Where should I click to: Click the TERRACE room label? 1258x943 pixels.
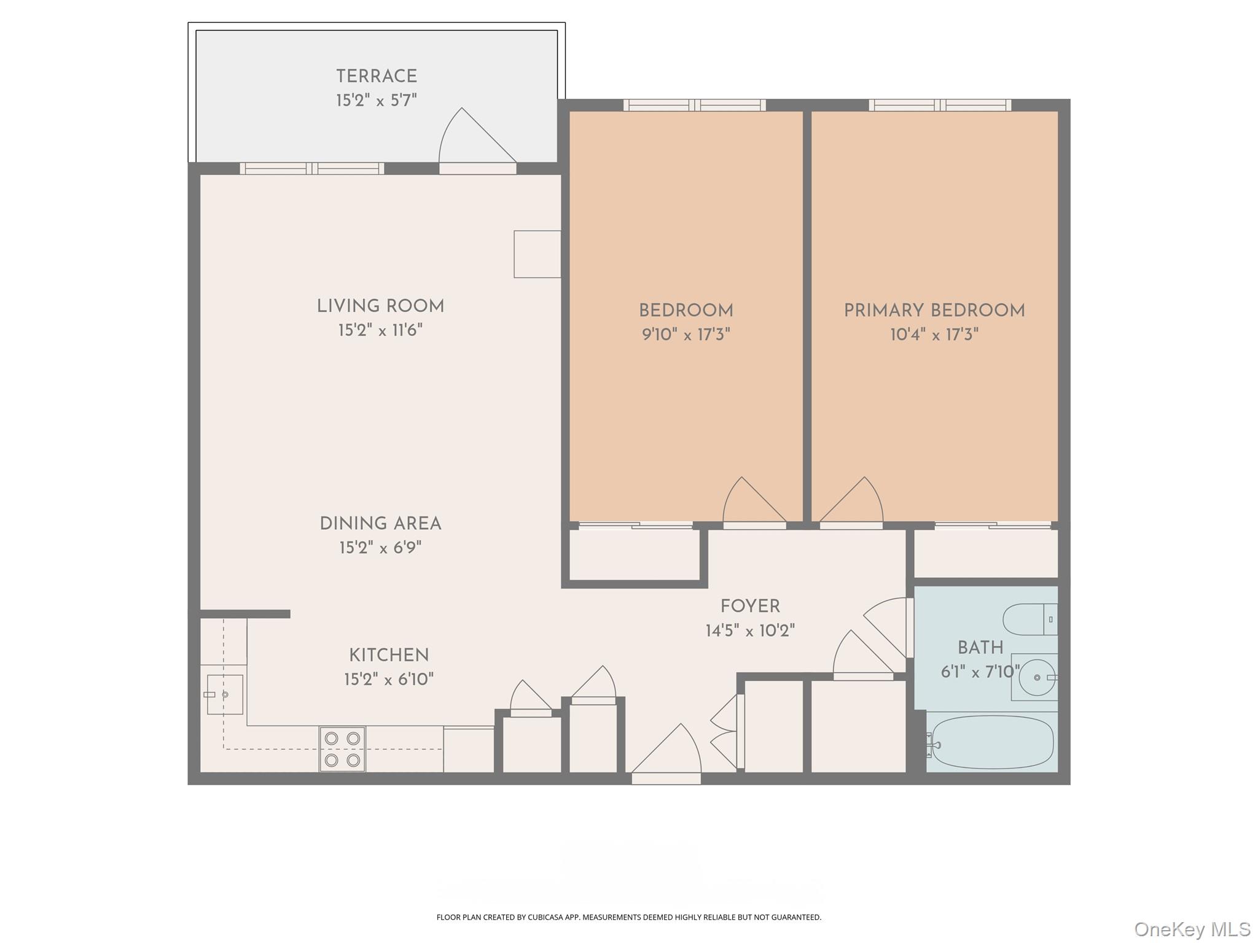377,77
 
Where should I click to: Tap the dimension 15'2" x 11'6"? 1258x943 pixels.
380,330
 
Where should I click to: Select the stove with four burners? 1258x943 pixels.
342,749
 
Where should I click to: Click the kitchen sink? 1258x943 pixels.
224,694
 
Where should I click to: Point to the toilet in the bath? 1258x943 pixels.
1029,619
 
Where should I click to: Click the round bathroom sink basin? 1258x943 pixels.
1037,678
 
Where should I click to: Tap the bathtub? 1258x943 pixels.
992,742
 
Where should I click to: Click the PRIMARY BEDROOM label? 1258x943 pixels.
934,311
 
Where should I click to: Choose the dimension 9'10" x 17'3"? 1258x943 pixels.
686,335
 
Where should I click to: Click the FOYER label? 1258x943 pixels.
750,607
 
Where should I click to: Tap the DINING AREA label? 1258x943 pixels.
380,524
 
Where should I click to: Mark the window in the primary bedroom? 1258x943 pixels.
939,106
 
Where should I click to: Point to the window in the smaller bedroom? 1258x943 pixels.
694,106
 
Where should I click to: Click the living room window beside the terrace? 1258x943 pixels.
311,169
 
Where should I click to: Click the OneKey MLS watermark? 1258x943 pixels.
1192,929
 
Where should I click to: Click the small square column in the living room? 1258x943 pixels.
537,254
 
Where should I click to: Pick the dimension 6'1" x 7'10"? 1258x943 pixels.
980,672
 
